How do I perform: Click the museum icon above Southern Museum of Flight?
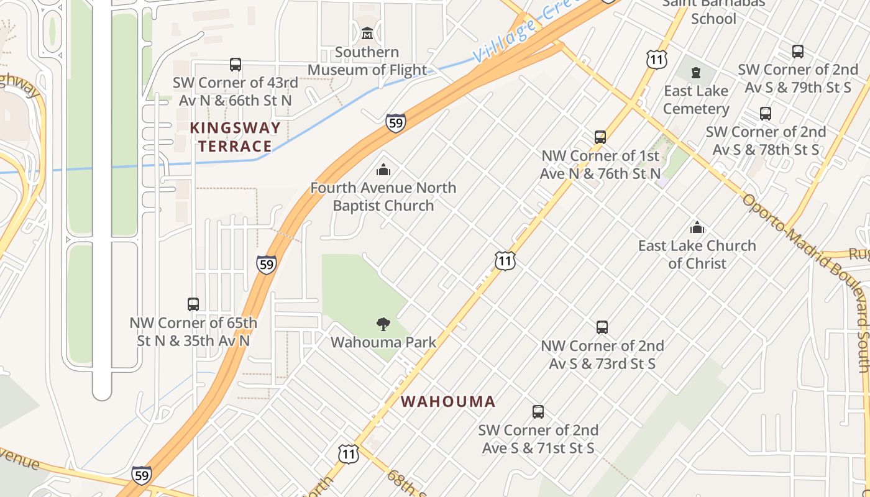click(367, 33)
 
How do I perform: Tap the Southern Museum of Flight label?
click(367, 61)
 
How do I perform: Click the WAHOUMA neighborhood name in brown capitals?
click(448, 401)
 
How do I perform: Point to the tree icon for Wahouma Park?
click(383, 324)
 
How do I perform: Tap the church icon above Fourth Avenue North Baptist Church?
click(383, 169)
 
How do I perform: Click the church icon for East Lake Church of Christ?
click(697, 227)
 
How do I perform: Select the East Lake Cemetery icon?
click(695, 73)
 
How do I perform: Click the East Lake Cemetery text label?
click(696, 100)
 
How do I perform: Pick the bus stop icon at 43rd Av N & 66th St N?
click(236, 64)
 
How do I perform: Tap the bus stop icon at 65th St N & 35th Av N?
click(193, 304)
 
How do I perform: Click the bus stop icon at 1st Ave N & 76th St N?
click(600, 137)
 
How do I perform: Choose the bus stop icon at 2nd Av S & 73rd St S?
click(602, 327)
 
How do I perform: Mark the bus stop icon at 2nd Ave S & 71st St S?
click(538, 412)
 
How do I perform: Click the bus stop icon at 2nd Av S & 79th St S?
click(798, 52)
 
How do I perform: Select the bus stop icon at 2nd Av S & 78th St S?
click(766, 114)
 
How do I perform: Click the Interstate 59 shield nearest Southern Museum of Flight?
click(395, 123)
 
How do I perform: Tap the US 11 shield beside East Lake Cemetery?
click(656, 60)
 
